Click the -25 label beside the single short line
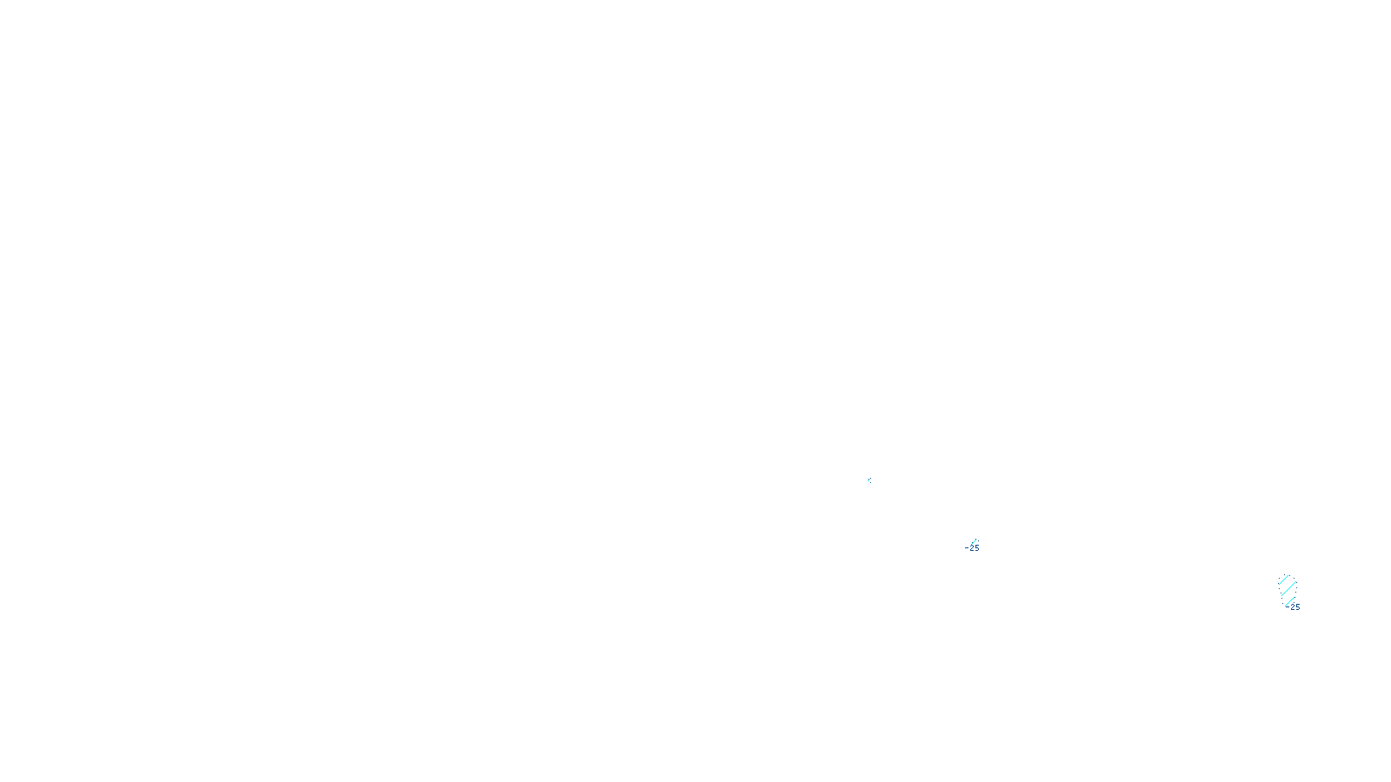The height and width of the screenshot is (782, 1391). tap(973, 548)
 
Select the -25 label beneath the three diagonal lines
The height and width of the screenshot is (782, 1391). tap(1293, 607)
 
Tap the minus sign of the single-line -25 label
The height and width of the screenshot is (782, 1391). tap(967, 548)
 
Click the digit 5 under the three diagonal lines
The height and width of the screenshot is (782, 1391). tap(1297, 607)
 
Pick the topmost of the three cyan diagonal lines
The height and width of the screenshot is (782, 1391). tap(1284, 580)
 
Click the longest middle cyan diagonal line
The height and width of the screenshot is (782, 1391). tap(1288, 589)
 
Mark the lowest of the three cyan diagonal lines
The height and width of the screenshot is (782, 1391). tap(1290, 599)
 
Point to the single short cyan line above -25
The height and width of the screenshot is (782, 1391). tap(974, 541)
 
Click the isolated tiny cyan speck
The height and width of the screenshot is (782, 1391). tap(869, 480)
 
